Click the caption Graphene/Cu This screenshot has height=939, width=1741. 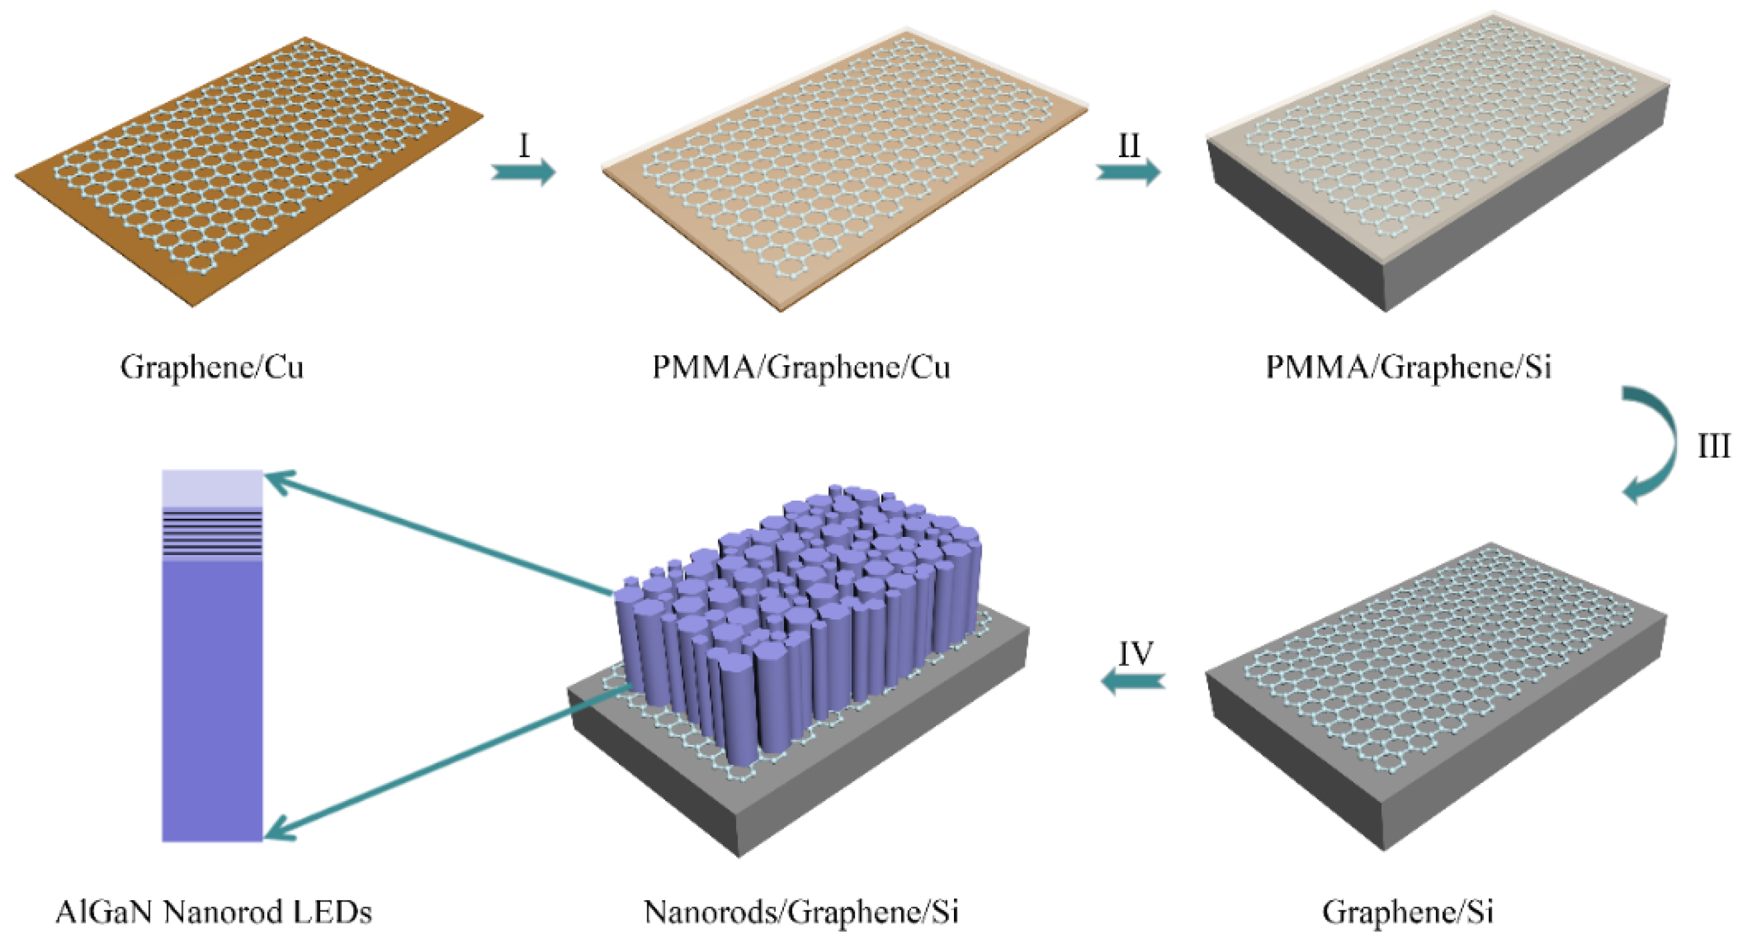(212, 368)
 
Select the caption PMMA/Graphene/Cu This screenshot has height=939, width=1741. (801, 368)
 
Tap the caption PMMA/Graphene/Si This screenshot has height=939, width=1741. (1408, 368)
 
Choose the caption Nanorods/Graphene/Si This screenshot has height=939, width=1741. (801, 912)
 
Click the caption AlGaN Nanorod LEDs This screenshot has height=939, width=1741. (214, 912)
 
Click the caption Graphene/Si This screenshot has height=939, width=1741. (1408, 912)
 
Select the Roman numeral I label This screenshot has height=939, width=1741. (524, 145)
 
